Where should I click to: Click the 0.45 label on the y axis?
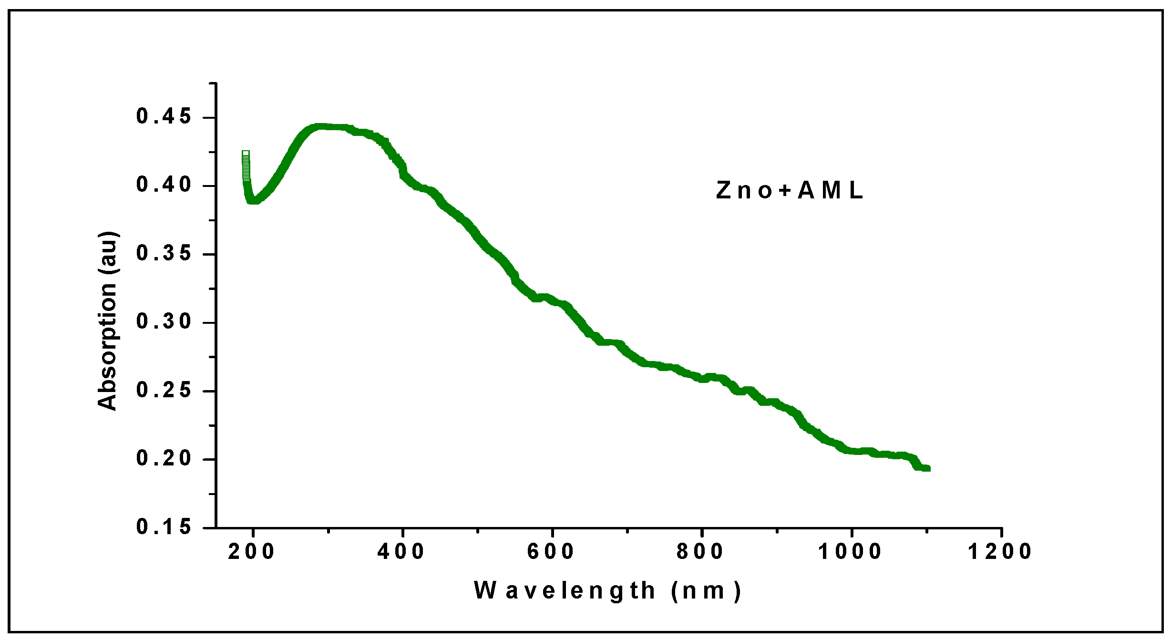(x=164, y=117)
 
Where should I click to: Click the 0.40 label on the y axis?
(x=164, y=185)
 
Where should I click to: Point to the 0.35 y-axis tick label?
(x=164, y=253)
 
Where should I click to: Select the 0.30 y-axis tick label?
(x=164, y=322)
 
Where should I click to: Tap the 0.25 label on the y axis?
(x=164, y=391)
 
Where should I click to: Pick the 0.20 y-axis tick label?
(x=164, y=459)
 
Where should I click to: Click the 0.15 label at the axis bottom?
(x=164, y=527)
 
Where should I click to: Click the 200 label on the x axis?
(x=251, y=552)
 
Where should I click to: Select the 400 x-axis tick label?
(x=401, y=552)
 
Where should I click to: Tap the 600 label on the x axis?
(x=551, y=552)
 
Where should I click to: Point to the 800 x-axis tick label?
(x=700, y=552)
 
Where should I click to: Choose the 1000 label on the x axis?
(x=851, y=552)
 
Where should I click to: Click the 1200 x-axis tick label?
(x=1000, y=552)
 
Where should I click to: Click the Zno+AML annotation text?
(x=790, y=191)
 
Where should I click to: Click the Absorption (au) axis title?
(x=108, y=321)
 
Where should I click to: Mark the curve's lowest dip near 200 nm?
(x=253, y=200)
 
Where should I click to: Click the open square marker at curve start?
(x=246, y=154)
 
